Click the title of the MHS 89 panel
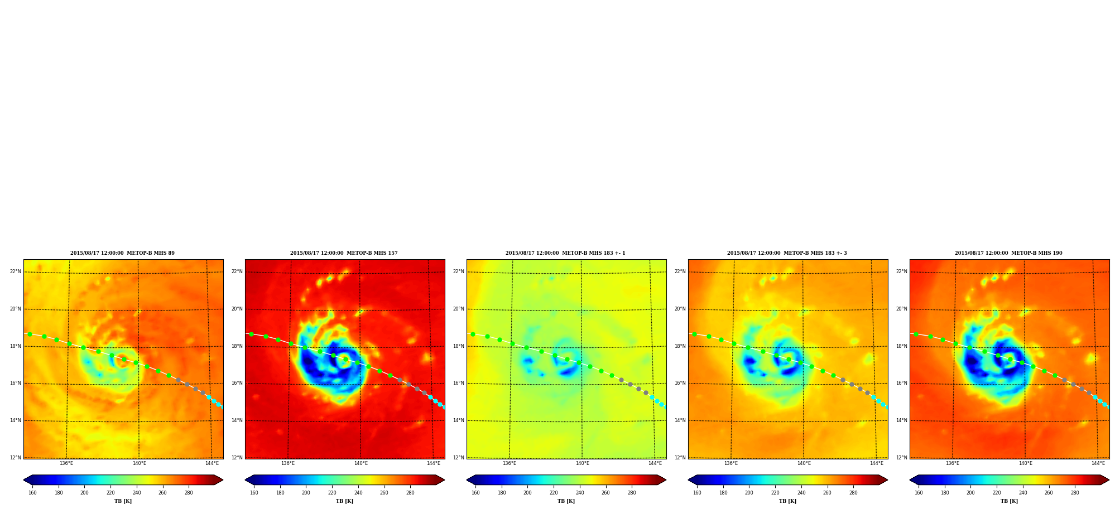122,253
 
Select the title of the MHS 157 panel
344,253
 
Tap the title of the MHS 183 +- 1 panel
565,253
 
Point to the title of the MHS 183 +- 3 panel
787,253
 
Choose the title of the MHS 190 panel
1008,253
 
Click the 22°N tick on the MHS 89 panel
16,272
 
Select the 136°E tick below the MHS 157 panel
288,463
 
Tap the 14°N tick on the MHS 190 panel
902,420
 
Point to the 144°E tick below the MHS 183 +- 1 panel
655,463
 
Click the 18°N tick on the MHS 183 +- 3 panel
680,346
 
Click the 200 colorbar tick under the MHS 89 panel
84,493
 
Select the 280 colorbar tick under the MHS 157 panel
410,493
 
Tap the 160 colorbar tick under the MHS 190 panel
919,493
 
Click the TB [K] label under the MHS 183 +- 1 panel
566,501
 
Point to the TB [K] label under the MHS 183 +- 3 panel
787,501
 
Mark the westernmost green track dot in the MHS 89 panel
30,335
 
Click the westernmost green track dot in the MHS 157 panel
251,335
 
